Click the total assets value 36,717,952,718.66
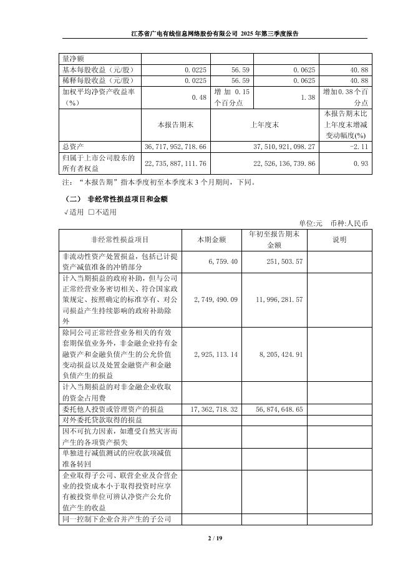pyautogui.click(x=175, y=145)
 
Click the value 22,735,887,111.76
pyautogui.click(x=175, y=163)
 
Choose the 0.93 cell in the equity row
pyautogui.click(x=362, y=163)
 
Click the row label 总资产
pyautogui.click(x=74, y=145)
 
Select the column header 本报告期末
pyautogui.click(x=177, y=125)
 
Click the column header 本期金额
pyautogui.click(x=211, y=240)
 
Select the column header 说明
pyautogui.click(x=339, y=240)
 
